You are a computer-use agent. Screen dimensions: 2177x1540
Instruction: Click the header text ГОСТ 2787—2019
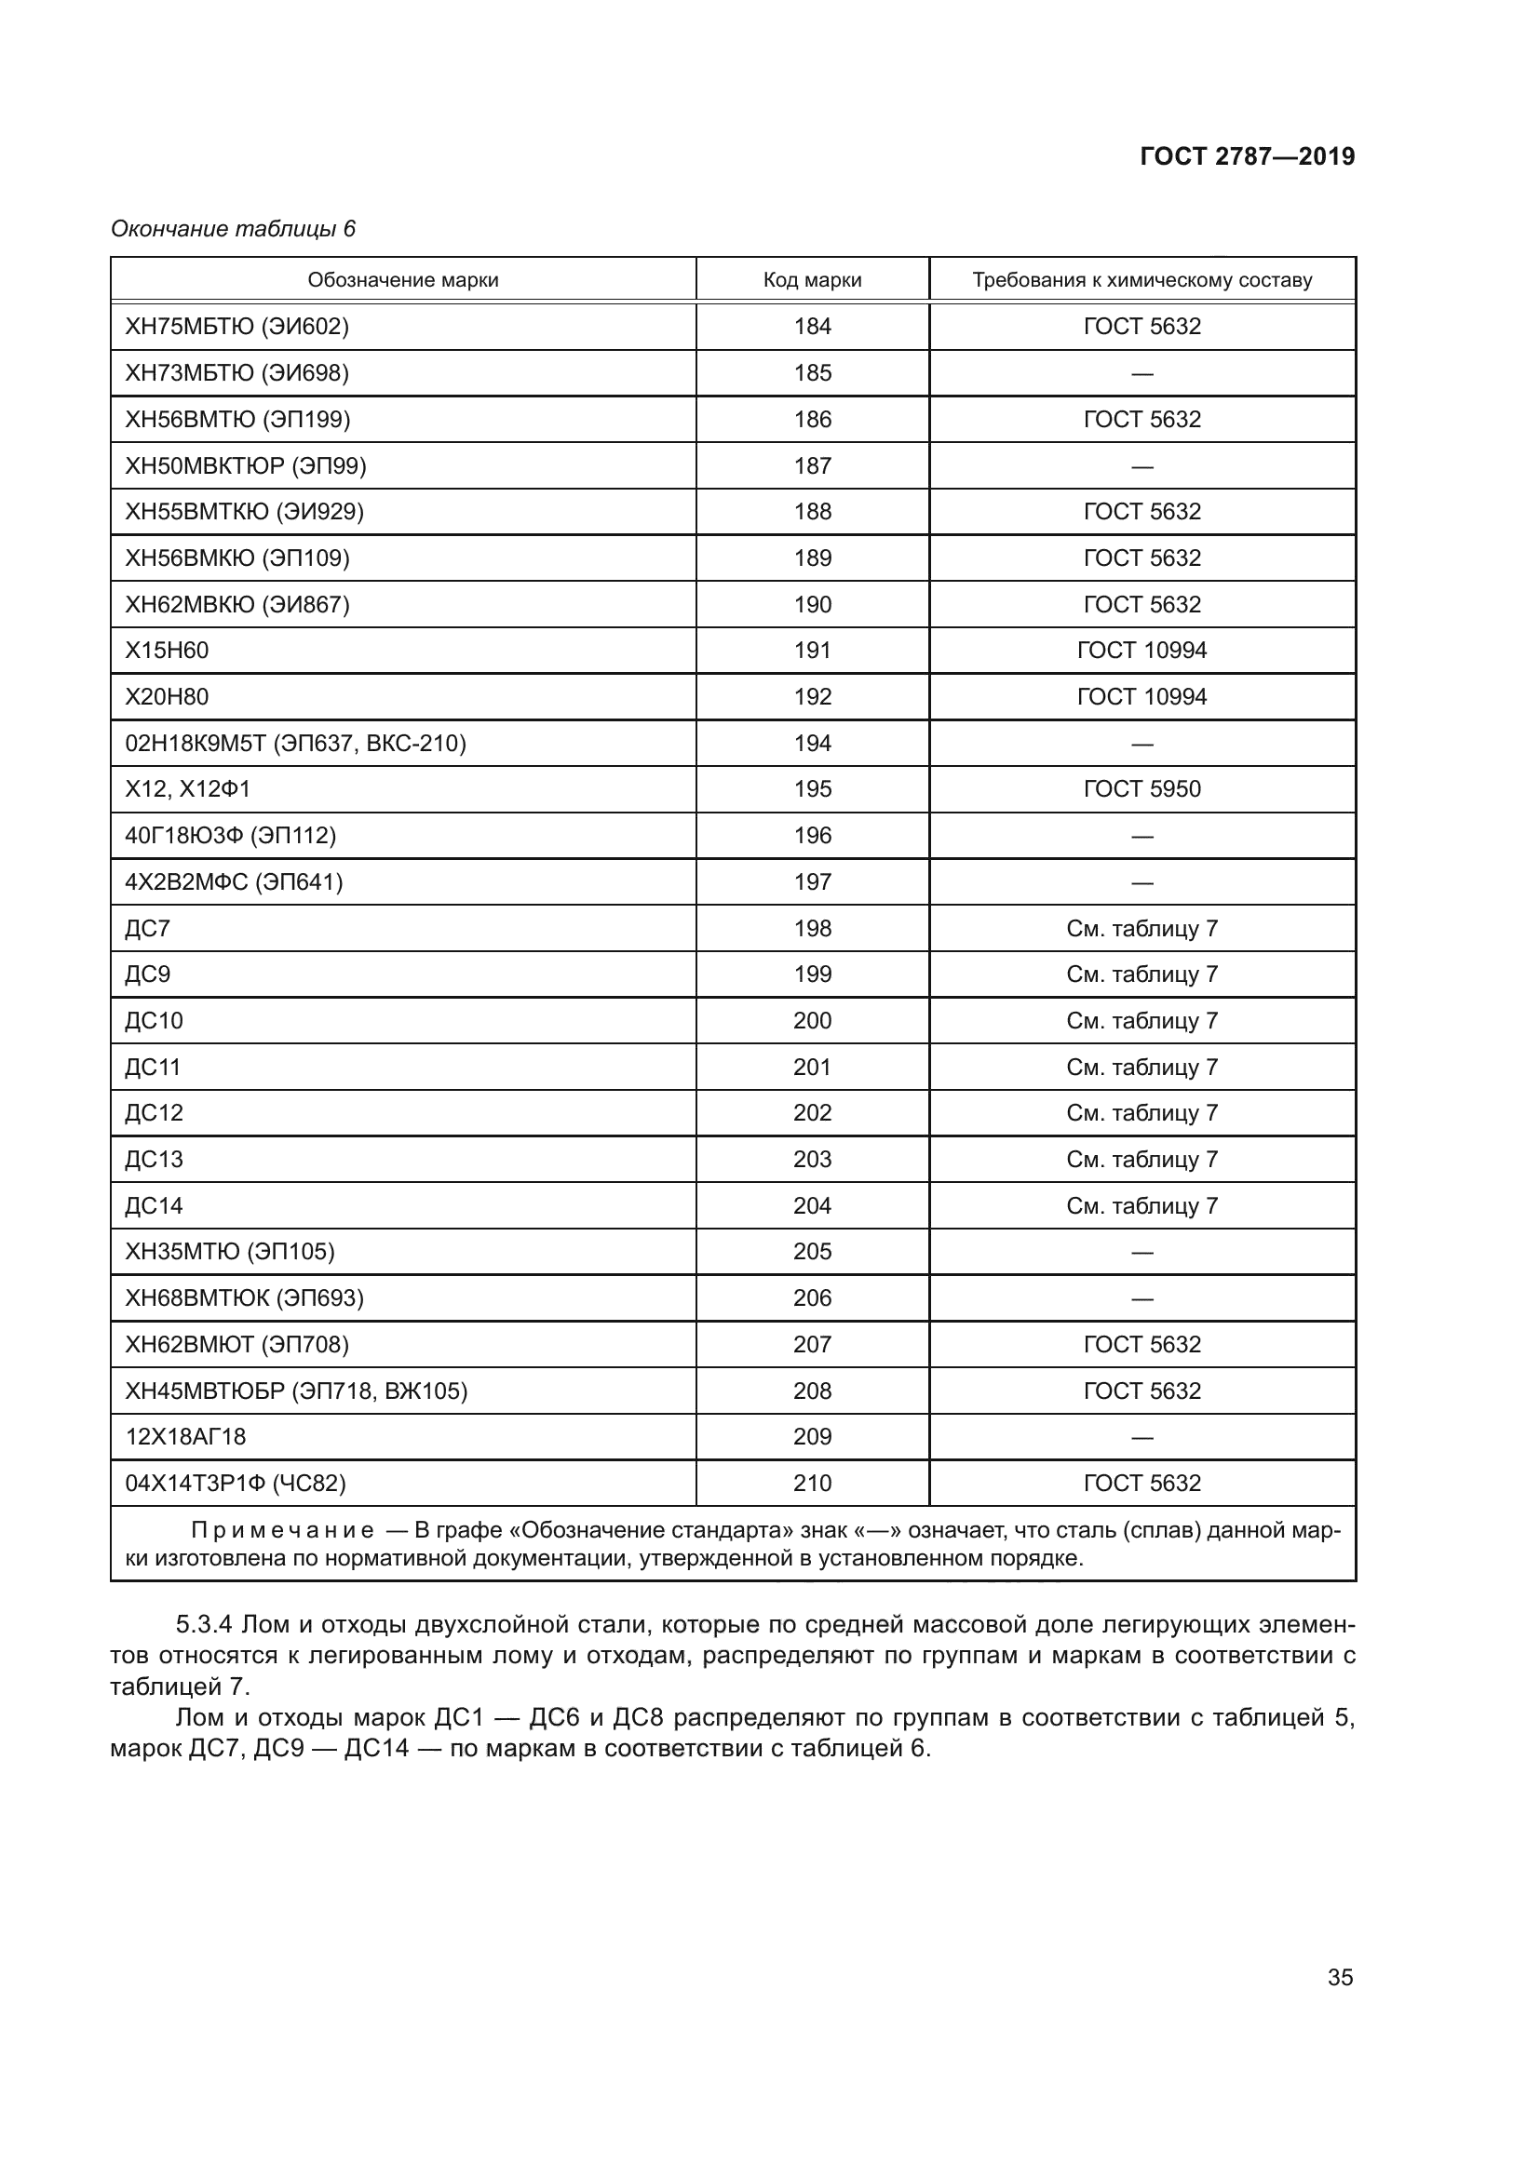1247,156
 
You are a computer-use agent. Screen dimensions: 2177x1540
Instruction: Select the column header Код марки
812,280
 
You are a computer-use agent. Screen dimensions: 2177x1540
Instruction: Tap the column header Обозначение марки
403,280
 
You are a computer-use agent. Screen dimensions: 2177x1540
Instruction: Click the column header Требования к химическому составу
1141,280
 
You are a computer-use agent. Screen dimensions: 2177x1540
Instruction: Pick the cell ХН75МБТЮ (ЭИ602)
237,326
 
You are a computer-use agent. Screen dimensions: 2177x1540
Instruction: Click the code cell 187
812,465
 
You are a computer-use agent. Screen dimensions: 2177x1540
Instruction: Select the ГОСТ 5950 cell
1141,789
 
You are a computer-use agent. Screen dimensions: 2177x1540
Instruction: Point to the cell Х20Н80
167,697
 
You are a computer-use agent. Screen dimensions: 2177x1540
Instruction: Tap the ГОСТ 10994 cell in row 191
1141,651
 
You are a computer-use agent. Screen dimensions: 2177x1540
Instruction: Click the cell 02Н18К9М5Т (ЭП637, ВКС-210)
295,744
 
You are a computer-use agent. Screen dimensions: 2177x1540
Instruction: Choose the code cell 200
812,1021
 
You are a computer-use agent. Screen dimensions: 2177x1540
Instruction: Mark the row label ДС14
154,1206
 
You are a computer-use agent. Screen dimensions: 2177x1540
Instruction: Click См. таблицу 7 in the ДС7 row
1141,928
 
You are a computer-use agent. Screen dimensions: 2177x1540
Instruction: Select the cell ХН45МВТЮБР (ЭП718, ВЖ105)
296,1391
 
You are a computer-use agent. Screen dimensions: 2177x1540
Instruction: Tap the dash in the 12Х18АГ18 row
1141,1437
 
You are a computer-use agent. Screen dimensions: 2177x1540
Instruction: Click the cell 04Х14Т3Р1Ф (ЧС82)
236,1484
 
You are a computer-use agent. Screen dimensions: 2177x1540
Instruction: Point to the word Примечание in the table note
283,1530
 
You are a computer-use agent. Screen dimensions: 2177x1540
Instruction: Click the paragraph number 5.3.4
204,1625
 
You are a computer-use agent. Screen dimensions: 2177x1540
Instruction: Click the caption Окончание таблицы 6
234,229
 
